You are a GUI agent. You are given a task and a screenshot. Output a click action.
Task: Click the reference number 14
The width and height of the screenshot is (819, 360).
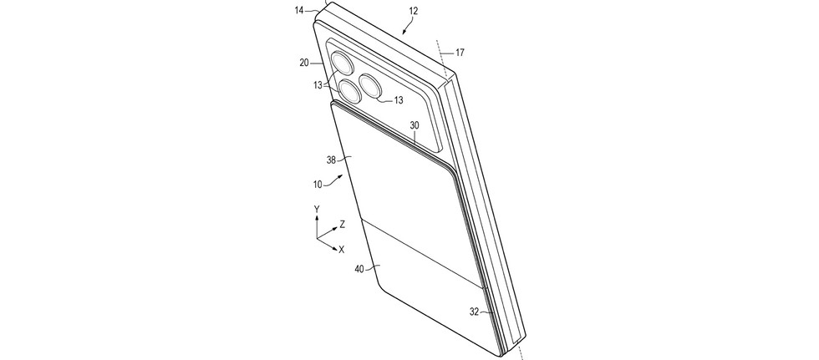tap(299, 9)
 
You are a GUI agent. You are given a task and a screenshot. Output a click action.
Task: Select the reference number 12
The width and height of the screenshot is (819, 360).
tap(414, 10)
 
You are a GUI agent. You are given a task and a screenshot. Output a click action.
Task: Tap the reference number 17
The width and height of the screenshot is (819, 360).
tap(460, 53)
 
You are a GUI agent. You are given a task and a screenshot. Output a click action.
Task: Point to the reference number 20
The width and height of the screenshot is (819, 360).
tap(304, 63)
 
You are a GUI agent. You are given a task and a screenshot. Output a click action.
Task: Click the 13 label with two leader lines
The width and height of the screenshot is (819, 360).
tap(318, 85)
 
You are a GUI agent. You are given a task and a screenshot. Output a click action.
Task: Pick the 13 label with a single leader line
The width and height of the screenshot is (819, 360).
tap(398, 101)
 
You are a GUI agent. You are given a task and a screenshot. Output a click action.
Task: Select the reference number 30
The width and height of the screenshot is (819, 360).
tap(415, 125)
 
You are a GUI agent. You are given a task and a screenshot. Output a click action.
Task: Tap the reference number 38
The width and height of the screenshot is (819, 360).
tap(331, 160)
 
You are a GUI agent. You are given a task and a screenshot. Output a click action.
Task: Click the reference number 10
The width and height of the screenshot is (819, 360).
tap(318, 184)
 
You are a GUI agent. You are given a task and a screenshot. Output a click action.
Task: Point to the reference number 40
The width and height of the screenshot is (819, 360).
tap(359, 269)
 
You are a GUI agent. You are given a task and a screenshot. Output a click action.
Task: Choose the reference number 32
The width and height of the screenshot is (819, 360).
tap(475, 312)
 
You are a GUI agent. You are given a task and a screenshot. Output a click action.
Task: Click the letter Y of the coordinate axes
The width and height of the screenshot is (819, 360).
tap(317, 209)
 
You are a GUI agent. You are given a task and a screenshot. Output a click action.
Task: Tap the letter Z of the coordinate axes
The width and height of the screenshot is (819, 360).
tap(342, 225)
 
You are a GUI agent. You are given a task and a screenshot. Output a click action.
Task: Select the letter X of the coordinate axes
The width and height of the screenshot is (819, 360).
tap(342, 250)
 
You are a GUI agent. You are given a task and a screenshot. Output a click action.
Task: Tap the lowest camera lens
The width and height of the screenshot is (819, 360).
tap(348, 91)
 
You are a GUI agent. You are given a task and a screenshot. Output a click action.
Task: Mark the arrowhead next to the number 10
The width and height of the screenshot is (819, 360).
tap(341, 177)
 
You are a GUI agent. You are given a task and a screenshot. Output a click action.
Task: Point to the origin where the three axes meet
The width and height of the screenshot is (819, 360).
tap(317, 239)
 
